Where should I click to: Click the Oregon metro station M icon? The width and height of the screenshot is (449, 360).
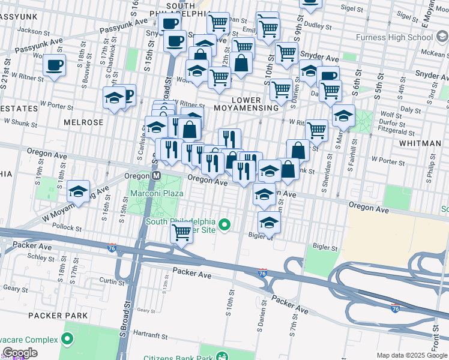(x=156, y=176)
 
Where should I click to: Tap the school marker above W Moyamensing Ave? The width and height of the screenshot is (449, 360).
(x=78, y=191)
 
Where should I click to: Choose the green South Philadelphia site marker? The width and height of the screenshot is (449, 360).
(x=225, y=226)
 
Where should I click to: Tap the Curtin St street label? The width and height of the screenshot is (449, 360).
(x=112, y=280)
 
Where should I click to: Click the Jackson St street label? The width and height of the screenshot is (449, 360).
(x=33, y=30)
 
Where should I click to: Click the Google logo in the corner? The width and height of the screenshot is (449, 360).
(x=20, y=353)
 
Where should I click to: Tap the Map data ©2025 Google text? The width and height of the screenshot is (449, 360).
(x=412, y=355)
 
